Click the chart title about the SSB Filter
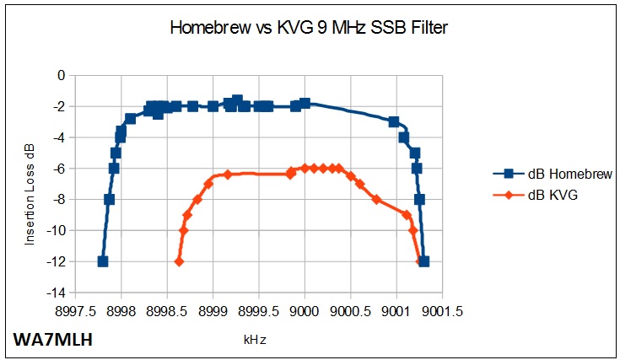tap(309, 28)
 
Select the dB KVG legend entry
tap(557, 195)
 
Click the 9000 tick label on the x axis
tap(305, 310)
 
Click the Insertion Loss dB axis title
tap(30, 184)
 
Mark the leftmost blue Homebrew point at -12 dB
tap(103, 261)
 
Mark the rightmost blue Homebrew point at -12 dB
tap(423, 261)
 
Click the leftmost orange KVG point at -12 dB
tap(179, 261)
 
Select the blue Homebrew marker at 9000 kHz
tap(305, 104)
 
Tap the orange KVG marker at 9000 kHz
tap(305, 168)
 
